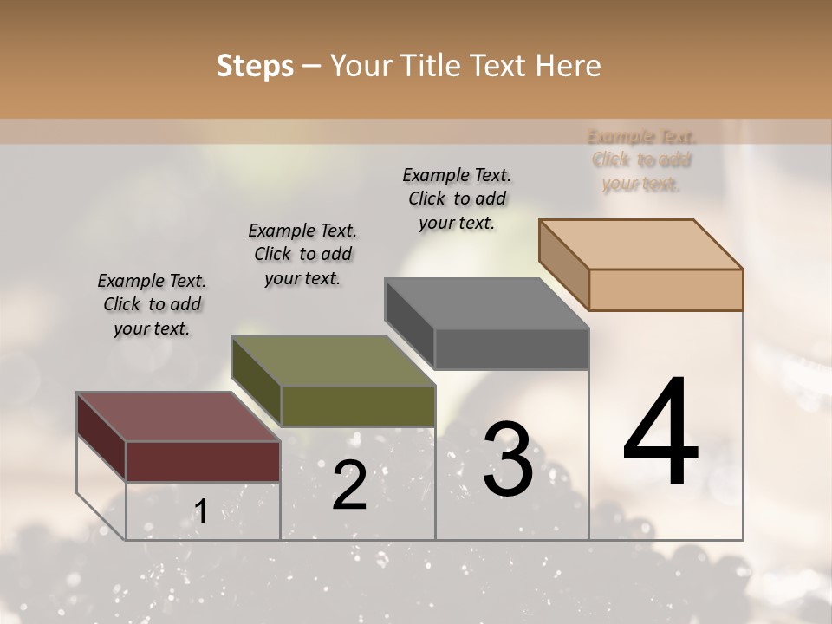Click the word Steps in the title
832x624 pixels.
[x=255, y=66]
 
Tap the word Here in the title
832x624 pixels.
[x=567, y=66]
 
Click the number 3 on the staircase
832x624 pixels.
[x=508, y=459]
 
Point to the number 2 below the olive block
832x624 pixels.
[x=349, y=485]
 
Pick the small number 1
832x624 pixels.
[x=200, y=511]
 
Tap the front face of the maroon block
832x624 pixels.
[x=203, y=461]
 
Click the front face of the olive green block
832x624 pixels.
[x=357, y=406]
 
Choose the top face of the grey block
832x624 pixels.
[x=486, y=303]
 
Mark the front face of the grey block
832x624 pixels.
[x=510, y=348]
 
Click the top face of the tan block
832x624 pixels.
[x=640, y=244]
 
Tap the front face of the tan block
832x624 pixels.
[x=665, y=289]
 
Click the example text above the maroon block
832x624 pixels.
[x=152, y=304]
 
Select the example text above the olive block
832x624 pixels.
[x=302, y=254]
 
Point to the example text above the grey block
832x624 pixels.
[x=457, y=198]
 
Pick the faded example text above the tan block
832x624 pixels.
[x=641, y=159]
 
